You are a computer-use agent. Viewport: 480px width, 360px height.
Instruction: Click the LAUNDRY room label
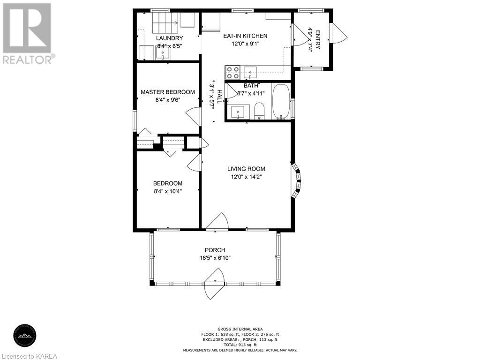(169, 38)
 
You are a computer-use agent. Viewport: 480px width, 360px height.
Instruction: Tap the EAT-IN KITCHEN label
(245, 36)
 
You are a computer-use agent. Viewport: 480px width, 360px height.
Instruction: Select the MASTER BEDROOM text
(168, 92)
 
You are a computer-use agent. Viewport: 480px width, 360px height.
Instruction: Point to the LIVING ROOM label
(246, 169)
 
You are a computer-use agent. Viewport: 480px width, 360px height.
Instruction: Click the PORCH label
(215, 250)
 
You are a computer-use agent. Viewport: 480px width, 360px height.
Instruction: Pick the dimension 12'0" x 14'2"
(246, 177)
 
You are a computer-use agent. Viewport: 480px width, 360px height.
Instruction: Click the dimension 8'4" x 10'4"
(168, 191)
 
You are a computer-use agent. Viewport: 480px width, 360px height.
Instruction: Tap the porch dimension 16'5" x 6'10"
(215, 258)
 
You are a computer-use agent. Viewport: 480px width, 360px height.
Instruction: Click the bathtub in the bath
(281, 101)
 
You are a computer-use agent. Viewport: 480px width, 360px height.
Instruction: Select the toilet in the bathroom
(259, 111)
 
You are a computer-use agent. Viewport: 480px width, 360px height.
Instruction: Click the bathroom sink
(238, 112)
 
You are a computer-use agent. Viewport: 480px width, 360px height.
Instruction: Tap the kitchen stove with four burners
(232, 73)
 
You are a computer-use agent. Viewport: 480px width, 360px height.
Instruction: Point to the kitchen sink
(250, 73)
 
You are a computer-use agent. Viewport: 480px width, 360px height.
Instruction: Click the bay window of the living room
(296, 181)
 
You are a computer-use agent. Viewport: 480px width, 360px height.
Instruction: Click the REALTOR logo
(28, 33)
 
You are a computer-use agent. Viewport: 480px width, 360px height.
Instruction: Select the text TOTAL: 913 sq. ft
(240, 345)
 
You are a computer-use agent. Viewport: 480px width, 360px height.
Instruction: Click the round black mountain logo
(25, 336)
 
